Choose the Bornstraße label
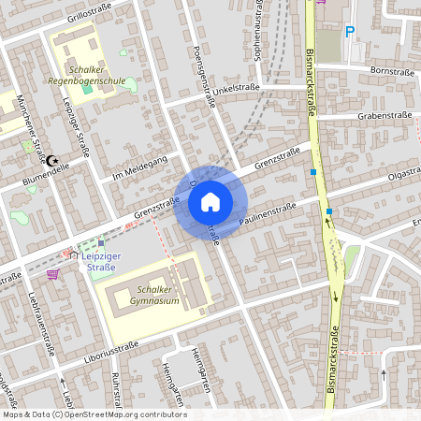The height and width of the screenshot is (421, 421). (391, 70)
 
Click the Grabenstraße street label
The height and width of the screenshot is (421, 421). (385, 118)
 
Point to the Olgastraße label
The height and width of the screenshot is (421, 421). (397, 176)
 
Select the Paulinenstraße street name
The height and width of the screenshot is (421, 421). (268, 213)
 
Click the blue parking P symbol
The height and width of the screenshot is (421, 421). (351, 32)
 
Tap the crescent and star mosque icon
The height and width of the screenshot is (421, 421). (51, 161)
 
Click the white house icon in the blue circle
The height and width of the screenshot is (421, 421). (210, 201)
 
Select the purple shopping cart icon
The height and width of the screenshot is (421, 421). (52, 274)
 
